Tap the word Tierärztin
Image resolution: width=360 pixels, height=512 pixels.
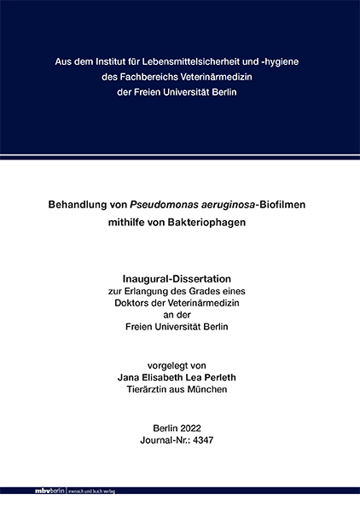(x=150, y=388)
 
